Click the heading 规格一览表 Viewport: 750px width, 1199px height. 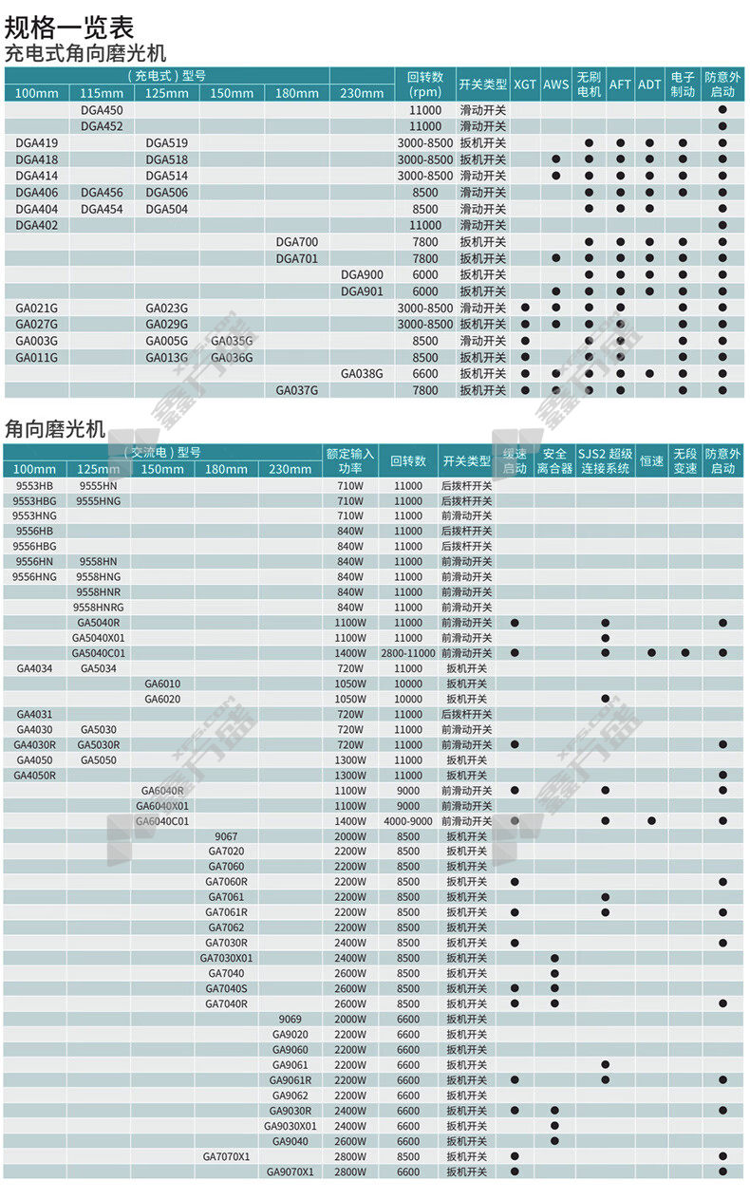click(x=70, y=27)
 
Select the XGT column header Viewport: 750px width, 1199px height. click(x=524, y=84)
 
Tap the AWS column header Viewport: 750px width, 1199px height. click(x=556, y=84)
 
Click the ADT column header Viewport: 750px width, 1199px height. click(x=649, y=84)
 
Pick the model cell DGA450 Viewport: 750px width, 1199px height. click(x=102, y=110)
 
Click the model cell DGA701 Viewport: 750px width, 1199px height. click(x=297, y=258)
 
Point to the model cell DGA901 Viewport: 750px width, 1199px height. click(x=362, y=291)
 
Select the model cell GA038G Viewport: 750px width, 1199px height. click(x=362, y=374)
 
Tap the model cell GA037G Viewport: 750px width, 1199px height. click(x=297, y=390)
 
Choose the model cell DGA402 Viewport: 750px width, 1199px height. click(x=37, y=225)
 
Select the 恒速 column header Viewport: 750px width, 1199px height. click(x=651, y=461)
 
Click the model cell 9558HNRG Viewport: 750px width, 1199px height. click(x=99, y=608)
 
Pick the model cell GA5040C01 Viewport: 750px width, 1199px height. click(x=99, y=653)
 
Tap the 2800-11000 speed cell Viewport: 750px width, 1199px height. click(x=408, y=653)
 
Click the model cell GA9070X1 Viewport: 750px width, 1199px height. click(x=290, y=1171)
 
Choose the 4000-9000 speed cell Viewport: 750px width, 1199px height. click(x=408, y=821)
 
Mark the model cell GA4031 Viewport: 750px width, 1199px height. click(x=34, y=714)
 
